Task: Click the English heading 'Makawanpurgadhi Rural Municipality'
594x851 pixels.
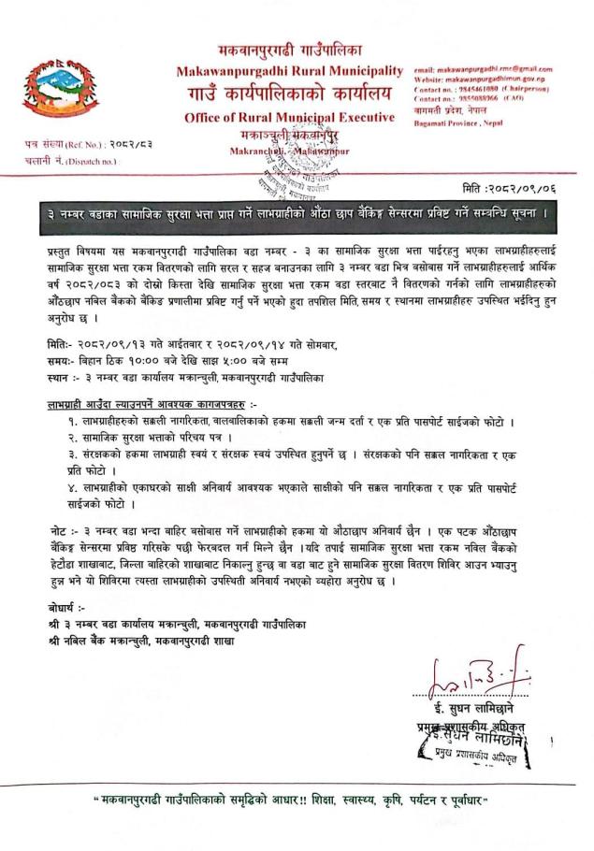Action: point(289,71)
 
